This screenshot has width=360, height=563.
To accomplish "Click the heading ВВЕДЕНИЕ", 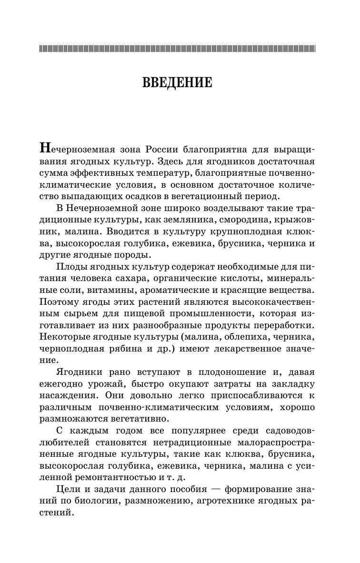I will (177, 83).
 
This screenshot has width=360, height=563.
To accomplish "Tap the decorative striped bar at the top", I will (177, 48).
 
